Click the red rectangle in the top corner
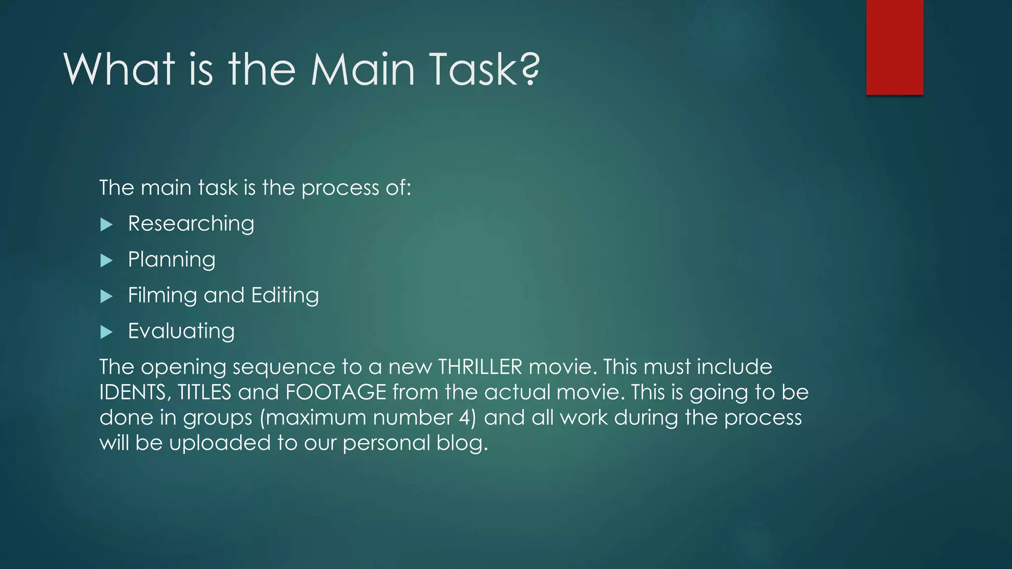(894, 47)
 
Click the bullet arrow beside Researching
(106, 225)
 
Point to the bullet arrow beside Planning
(106, 261)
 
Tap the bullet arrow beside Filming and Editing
(106, 296)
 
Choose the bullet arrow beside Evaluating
(106, 332)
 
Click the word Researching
(191, 224)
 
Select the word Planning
(171, 260)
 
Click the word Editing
(285, 295)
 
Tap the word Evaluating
(181, 331)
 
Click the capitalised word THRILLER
(480, 367)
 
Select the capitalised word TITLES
(204, 393)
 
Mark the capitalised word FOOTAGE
(336, 393)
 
